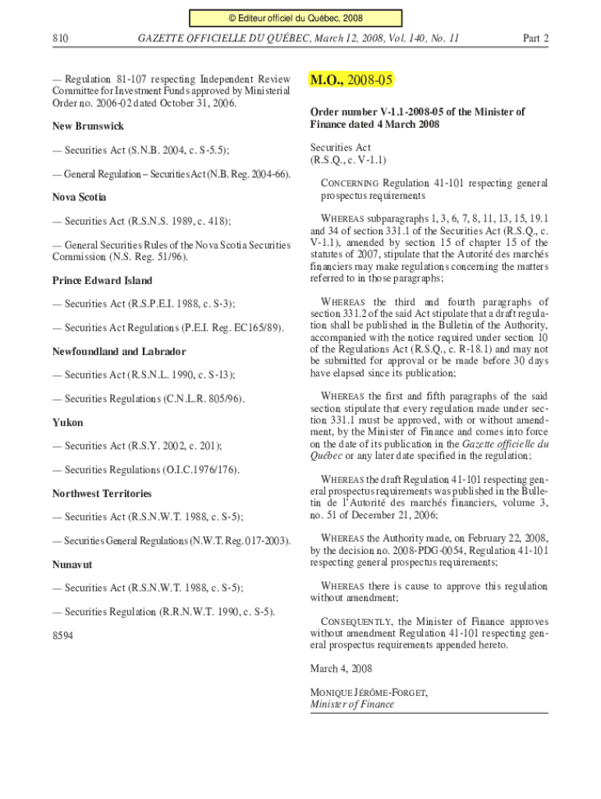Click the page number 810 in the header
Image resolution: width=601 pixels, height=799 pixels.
61,37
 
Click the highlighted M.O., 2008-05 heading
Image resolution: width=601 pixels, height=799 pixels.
351,80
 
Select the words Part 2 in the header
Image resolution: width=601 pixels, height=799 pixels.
535,37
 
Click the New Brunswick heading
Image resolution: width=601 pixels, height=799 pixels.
88,126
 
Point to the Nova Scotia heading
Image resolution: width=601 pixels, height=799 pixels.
80,197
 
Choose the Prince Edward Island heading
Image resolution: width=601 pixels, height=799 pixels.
102,280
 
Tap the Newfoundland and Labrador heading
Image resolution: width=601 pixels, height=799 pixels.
119,352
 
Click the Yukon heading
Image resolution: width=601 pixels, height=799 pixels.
68,422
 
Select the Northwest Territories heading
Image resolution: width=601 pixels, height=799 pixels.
102,493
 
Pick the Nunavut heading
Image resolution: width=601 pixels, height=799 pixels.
73,564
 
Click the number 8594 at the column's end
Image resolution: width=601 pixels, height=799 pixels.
63,636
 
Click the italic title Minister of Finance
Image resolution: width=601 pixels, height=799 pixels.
352,704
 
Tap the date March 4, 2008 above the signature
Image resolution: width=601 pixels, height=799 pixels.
341,669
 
